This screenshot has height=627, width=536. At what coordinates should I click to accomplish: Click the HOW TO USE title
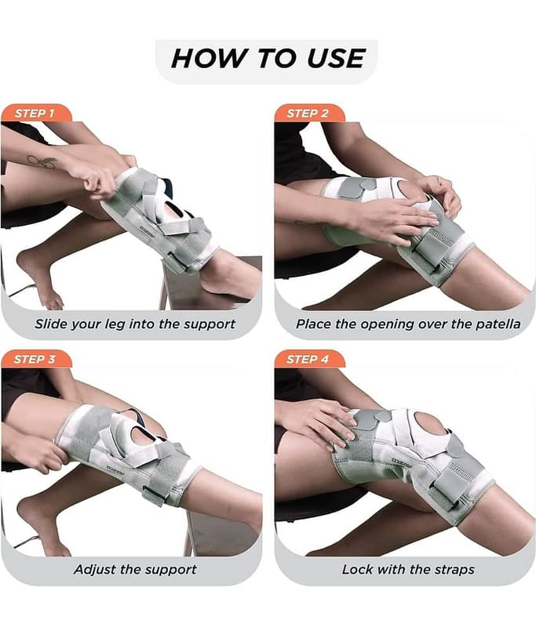pos(268,58)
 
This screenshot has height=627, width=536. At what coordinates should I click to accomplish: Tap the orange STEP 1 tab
pos(36,113)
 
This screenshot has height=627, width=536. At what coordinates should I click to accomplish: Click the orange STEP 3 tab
pos(36,359)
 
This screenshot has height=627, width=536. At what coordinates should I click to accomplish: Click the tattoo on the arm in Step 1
pos(42,162)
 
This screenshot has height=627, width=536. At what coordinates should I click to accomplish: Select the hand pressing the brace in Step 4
pos(319,425)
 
